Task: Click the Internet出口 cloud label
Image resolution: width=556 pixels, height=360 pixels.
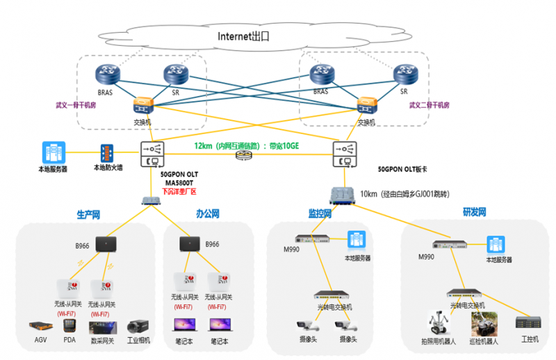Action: (243, 36)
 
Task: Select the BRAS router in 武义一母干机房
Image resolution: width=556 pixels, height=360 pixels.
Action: (109, 74)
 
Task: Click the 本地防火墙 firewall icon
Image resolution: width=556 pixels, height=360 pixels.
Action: (106, 153)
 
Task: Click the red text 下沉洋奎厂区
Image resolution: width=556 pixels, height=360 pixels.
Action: (179, 191)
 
